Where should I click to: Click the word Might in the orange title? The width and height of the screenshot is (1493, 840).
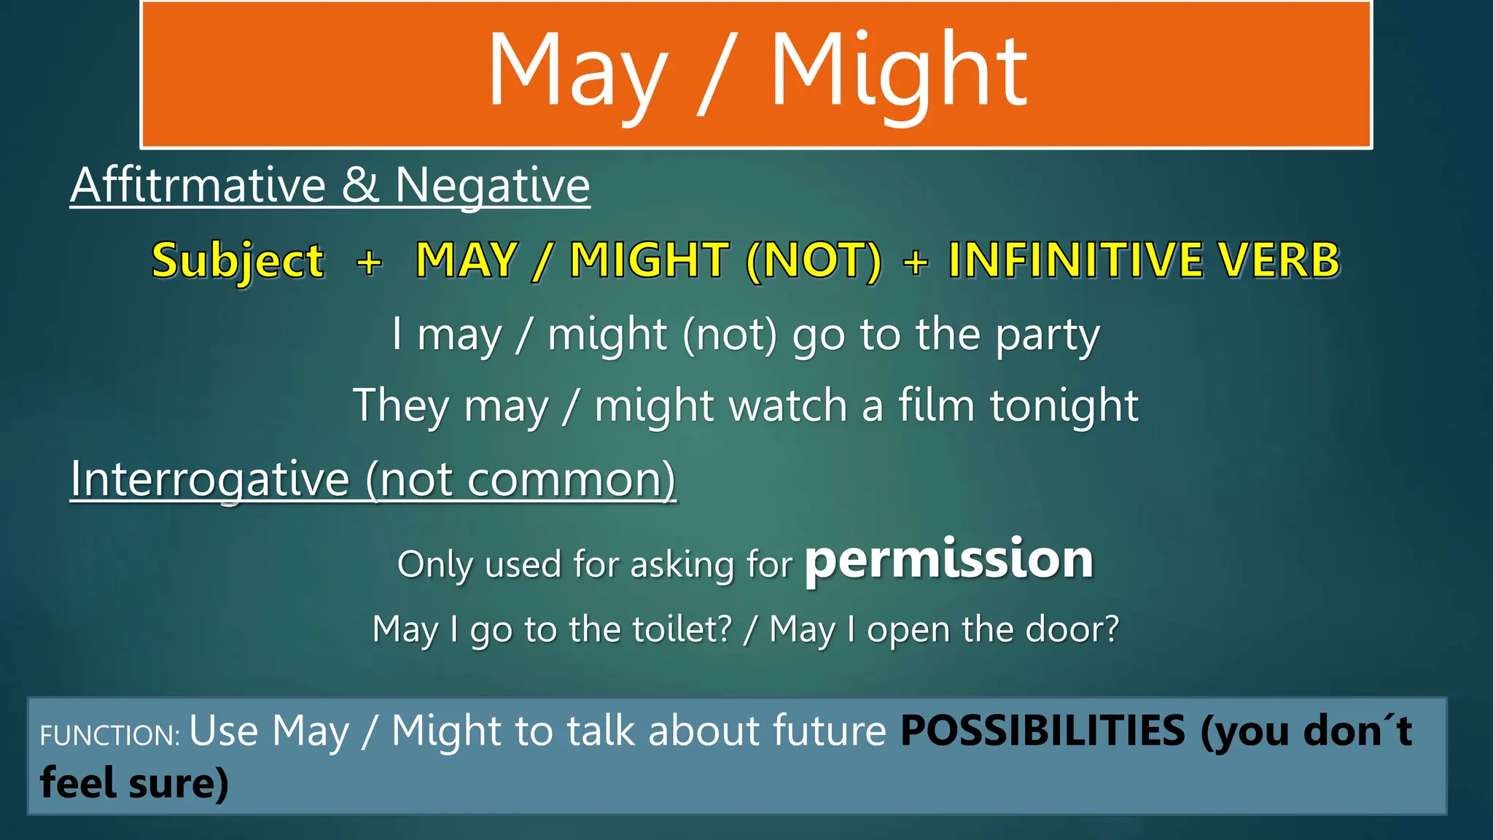[x=898, y=73]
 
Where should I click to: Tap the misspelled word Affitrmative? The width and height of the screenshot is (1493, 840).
[x=198, y=185]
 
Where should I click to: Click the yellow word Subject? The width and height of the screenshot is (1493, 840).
[x=238, y=261]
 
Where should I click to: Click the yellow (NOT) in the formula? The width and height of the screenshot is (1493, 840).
[x=814, y=261]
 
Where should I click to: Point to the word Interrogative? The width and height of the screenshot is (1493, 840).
[x=210, y=481]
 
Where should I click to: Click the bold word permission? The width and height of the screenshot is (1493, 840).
[x=948, y=560]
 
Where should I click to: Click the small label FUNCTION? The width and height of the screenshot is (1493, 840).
[x=110, y=735]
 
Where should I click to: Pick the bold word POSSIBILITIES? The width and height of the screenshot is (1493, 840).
[x=1042, y=731]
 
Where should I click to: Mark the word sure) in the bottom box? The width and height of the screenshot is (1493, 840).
[x=179, y=783]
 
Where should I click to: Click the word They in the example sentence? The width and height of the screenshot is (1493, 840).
[x=401, y=407]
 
